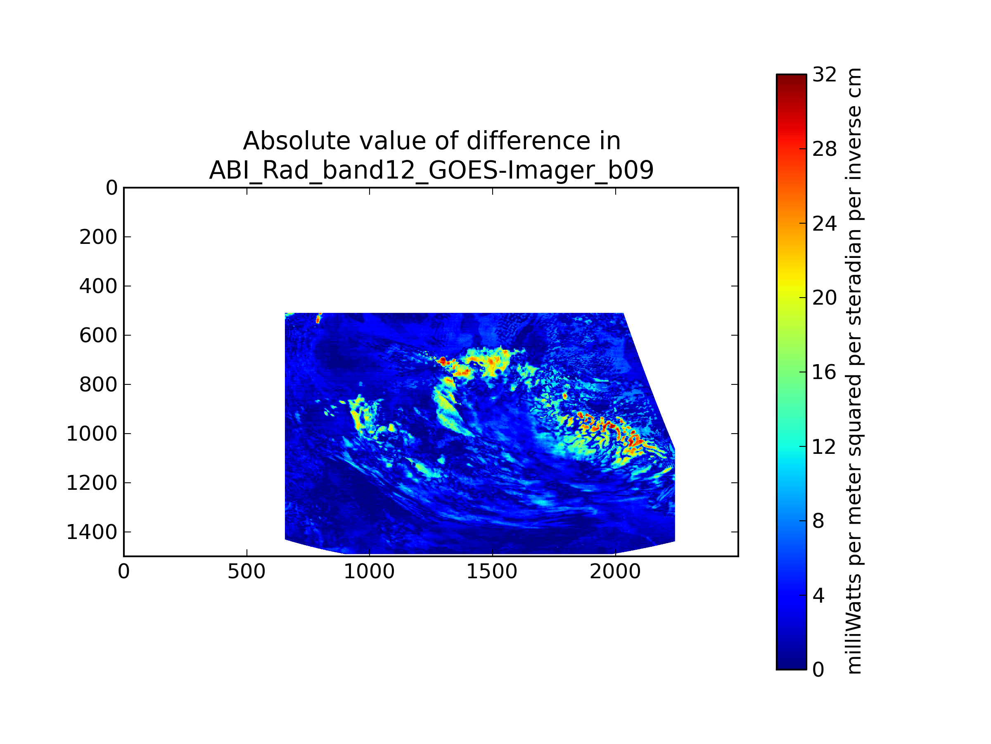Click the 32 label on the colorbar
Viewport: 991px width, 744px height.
click(824, 74)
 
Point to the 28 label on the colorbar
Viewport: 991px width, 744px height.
click(824, 149)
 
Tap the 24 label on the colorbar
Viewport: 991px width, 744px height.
click(824, 223)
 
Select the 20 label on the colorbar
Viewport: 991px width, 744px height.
click(824, 297)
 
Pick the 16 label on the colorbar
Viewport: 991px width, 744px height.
click(824, 372)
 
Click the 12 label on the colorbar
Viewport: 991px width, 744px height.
click(824, 447)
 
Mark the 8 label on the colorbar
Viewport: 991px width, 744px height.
click(818, 521)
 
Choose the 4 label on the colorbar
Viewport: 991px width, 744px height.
click(818, 596)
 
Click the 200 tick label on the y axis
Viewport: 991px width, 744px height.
click(98, 237)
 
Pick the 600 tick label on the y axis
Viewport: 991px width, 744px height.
click(98, 335)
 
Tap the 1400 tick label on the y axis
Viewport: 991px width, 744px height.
click(92, 532)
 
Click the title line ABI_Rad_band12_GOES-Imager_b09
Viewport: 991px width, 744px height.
click(431, 170)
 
